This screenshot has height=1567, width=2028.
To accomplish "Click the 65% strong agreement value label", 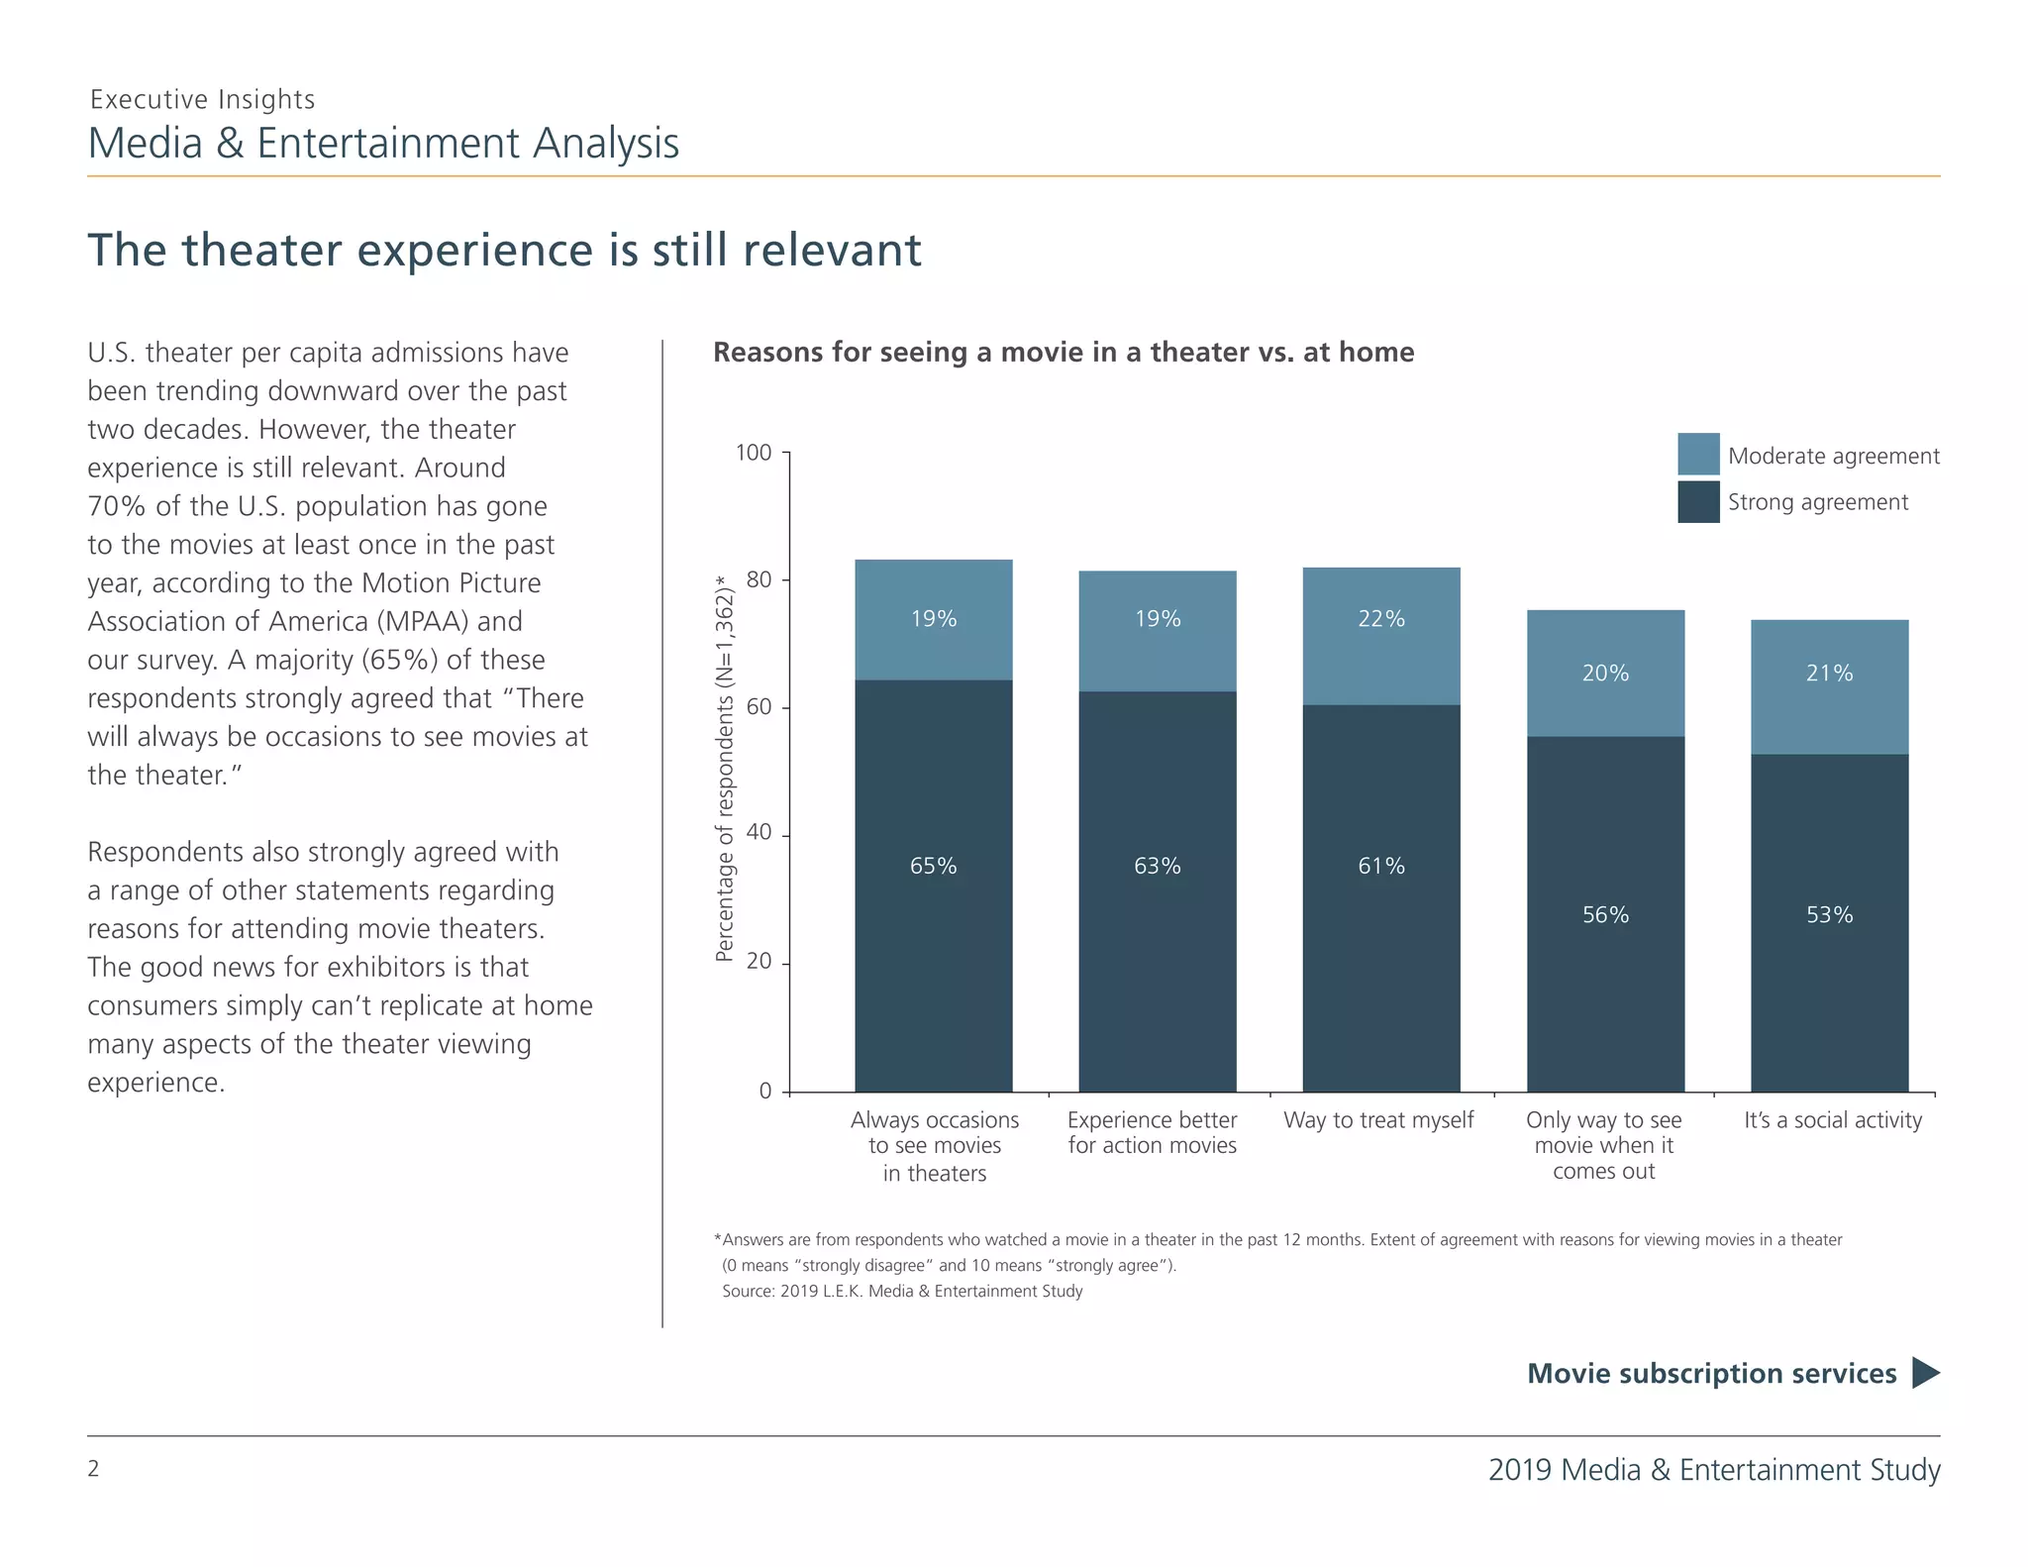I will (x=933, y=867).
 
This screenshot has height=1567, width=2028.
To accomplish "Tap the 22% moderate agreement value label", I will (x=1381, y=619).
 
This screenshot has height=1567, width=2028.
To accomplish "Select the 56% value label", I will (x=1605, y=915).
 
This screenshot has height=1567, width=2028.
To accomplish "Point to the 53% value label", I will (x=1829, y=915).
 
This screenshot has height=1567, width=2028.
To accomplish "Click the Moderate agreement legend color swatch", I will (x=1698, y=455).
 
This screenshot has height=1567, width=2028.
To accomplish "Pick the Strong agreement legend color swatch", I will (x=1698, y=502).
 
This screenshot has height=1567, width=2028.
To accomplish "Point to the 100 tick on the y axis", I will (x=754, y=454).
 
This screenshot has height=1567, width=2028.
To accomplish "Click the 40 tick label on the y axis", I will (x=759, y=833).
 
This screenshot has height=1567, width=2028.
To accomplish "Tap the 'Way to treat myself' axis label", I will (x=1378, y=1120).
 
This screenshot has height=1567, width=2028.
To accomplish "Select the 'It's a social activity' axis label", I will (x=1832, y=1120).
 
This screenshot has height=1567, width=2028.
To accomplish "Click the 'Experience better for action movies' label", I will (x=1152, y=1133).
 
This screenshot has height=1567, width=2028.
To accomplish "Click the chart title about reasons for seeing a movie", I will (x=1064, y=353).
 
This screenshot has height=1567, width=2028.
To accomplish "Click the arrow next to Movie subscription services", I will (x=1925, y=1373).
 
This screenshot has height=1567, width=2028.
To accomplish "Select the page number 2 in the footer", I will (x=94, y=1469).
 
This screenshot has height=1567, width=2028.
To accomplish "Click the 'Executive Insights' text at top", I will (x=202, y=100).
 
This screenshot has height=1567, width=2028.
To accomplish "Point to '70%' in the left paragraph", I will (x=117, y=506).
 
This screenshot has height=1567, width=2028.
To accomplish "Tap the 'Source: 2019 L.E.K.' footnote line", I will (x=902, y=1292).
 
